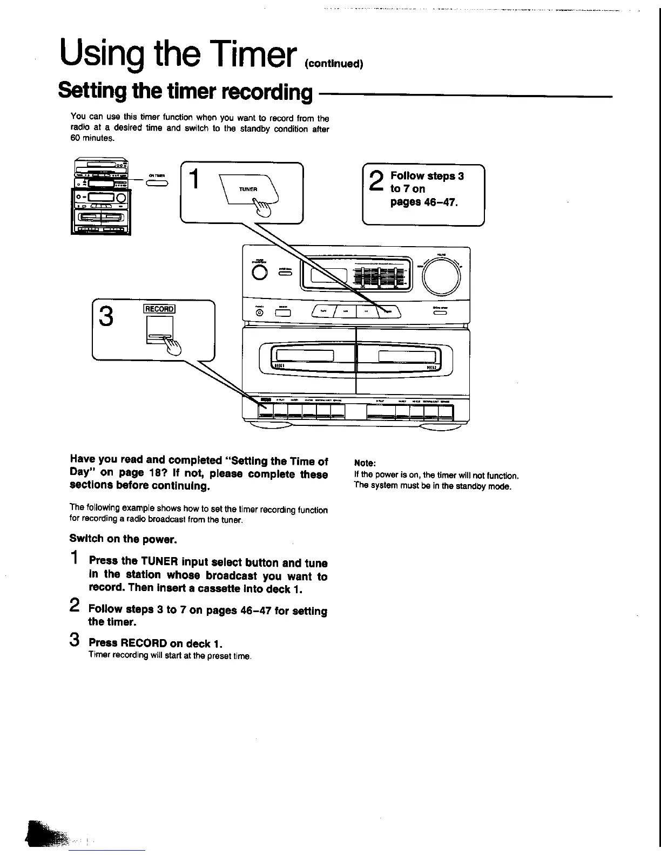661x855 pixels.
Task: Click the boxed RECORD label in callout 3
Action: point(159,309)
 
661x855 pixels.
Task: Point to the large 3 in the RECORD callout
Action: point(107,316)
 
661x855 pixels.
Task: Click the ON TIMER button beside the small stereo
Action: point(157,184)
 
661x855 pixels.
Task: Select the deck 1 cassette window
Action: point(306,356)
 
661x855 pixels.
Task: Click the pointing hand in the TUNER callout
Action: point(262,208)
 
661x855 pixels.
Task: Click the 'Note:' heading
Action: point(365,463)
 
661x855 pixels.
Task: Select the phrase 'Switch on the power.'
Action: point(123,539)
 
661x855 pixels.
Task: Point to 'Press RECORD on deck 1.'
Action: point(156,643)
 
